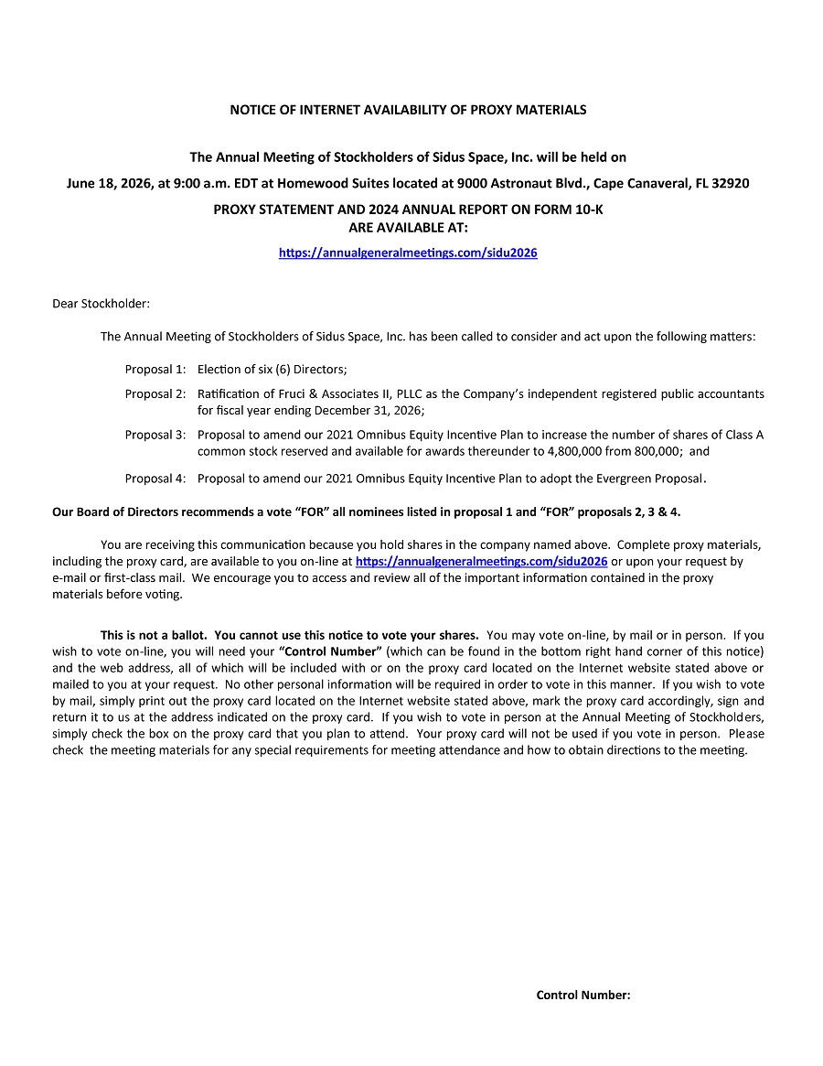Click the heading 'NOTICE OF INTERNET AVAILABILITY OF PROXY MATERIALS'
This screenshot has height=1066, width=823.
tap(408, 110)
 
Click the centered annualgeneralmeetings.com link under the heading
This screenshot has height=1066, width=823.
tap(408, 253)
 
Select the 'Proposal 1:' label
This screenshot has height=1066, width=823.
tap(155, 370)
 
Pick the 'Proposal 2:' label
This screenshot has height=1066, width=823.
tap(155, 394)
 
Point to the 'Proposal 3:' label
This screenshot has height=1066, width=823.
tap(155, 436)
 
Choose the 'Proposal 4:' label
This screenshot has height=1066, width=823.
tap(155, 478)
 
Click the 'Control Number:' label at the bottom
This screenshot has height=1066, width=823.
tap(583, 996)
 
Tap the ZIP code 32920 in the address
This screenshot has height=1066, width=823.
tap(731, 183)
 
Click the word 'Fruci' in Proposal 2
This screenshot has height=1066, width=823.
tap(293, 394)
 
